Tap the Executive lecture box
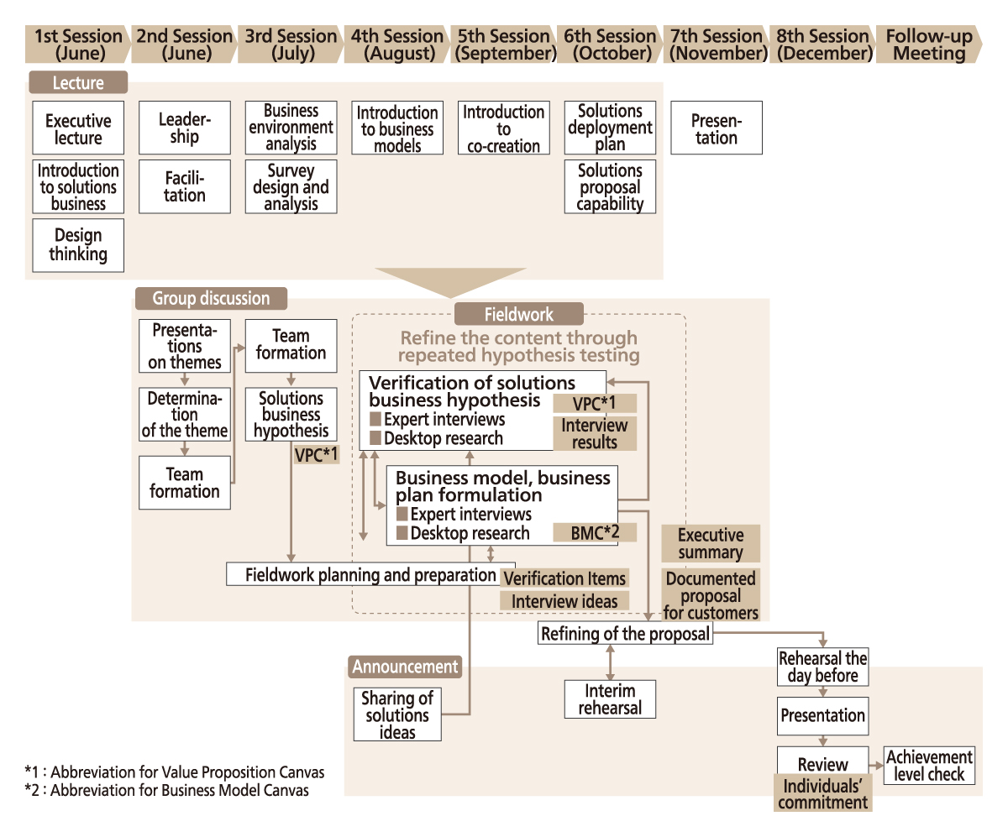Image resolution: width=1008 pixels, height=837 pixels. [78, 128]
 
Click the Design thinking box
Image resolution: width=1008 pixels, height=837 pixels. [78, 245]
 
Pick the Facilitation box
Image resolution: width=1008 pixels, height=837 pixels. [185, 186]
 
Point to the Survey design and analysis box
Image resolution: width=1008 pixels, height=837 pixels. [291, 186]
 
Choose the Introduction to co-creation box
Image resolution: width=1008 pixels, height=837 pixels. [504, 128]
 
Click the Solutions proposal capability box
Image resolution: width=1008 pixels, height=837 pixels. [611, 186]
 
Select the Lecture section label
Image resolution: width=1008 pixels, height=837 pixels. [78, 82]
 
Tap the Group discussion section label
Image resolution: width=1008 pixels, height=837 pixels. [210, 298]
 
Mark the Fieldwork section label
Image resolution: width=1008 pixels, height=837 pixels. [518, 314]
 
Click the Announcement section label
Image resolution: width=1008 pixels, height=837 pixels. [405, 667]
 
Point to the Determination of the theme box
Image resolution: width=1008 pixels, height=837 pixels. [185, 414]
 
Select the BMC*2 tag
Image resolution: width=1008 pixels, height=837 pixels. [594, 531]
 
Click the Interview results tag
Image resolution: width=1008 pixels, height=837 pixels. [594, 433]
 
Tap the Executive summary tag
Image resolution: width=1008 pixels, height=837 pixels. [711, 543]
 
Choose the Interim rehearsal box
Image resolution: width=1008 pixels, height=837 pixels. [610, 698]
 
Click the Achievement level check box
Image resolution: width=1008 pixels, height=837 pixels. [929, 766]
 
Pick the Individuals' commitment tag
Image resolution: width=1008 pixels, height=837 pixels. [823, 794]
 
